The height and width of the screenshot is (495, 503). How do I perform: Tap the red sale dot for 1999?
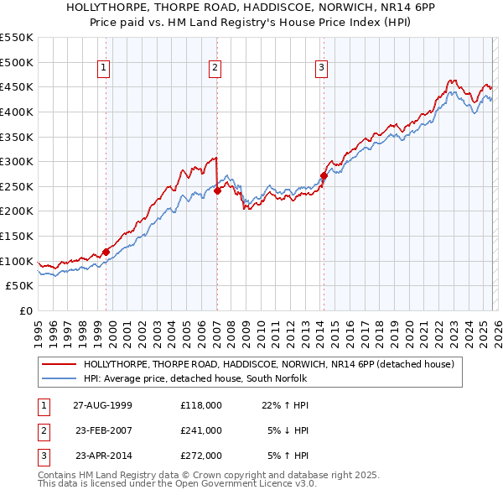(x=106, y=252)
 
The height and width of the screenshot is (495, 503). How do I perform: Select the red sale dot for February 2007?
(x=216, y=190)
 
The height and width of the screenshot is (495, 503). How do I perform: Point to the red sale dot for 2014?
(x=323, y=175)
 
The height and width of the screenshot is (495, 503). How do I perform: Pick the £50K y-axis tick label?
(x=20, y=286)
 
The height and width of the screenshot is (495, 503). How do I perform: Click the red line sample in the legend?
(x=60, y=364)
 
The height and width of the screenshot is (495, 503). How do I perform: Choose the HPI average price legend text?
(x=195, y=379)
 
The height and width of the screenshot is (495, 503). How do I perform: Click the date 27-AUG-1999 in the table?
(x=102, y=405)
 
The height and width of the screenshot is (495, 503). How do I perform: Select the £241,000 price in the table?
(x=200, y=430)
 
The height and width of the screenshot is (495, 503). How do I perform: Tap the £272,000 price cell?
(x=200, y=456)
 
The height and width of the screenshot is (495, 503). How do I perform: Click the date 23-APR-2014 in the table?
(x=102, y=456)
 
